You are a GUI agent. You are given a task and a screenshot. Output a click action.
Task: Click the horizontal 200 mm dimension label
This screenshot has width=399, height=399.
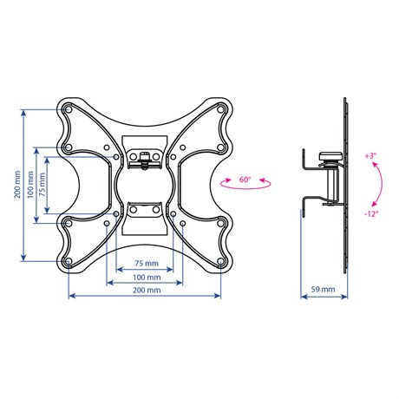147,290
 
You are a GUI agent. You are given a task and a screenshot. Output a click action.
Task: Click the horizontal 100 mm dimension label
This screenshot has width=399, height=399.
147,278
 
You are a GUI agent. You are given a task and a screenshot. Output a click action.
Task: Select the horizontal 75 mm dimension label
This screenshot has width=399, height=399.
147,264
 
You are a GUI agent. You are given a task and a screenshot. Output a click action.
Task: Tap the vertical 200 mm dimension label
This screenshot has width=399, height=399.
17,185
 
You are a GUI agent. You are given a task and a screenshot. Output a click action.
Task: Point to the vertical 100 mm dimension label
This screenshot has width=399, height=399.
30,185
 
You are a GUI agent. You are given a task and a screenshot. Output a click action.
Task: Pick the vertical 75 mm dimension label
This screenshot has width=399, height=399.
43,185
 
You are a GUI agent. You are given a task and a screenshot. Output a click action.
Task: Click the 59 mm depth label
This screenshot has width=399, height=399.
323,289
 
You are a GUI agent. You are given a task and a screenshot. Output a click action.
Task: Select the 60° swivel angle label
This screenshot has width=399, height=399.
245,180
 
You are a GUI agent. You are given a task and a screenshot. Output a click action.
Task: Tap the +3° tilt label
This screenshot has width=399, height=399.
370,156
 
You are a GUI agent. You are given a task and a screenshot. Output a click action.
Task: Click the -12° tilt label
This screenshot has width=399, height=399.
371,214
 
